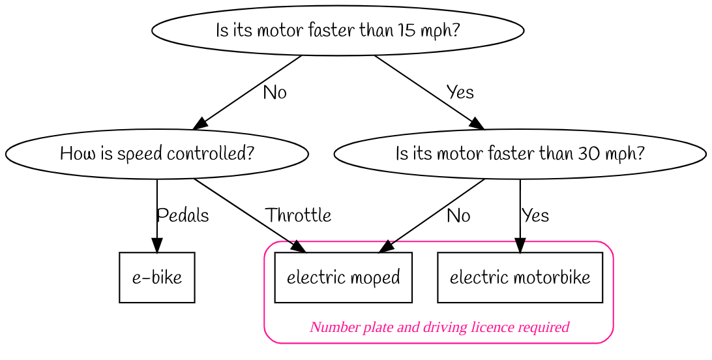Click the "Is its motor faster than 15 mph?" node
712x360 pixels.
pyautogui.click(x=337, y=31)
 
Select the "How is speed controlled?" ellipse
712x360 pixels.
pyautogui.click(x=156, y=155)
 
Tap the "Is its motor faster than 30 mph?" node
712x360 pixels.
pyautogui.click(x=520, y=155)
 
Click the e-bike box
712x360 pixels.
pyautogui.click(x=156, y=278)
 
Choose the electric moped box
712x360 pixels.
pyautogui.click(x=343, y=278)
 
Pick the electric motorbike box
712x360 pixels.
pyautogui.click(x=520, y=278)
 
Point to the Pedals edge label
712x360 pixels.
pyautogui.click(x=183, y=215)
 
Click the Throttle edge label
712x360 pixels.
pyautogui.click(x=298, y=215)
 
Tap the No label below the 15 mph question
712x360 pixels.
pyautogui.click(x=274, y=93)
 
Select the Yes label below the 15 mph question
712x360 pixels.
pyautogui.click(x=460, y=93)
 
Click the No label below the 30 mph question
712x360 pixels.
pyautogui.click(x=458, y=216)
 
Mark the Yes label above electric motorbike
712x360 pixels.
pyautogui.click(x=535, y=216)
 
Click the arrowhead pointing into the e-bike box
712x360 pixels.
pyautogui.click(x=156, y=246)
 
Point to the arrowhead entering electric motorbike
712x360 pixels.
pyautogui.click(x=520, y=246)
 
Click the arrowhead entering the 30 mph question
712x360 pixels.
pyautogui.click(x=477, y=123)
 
